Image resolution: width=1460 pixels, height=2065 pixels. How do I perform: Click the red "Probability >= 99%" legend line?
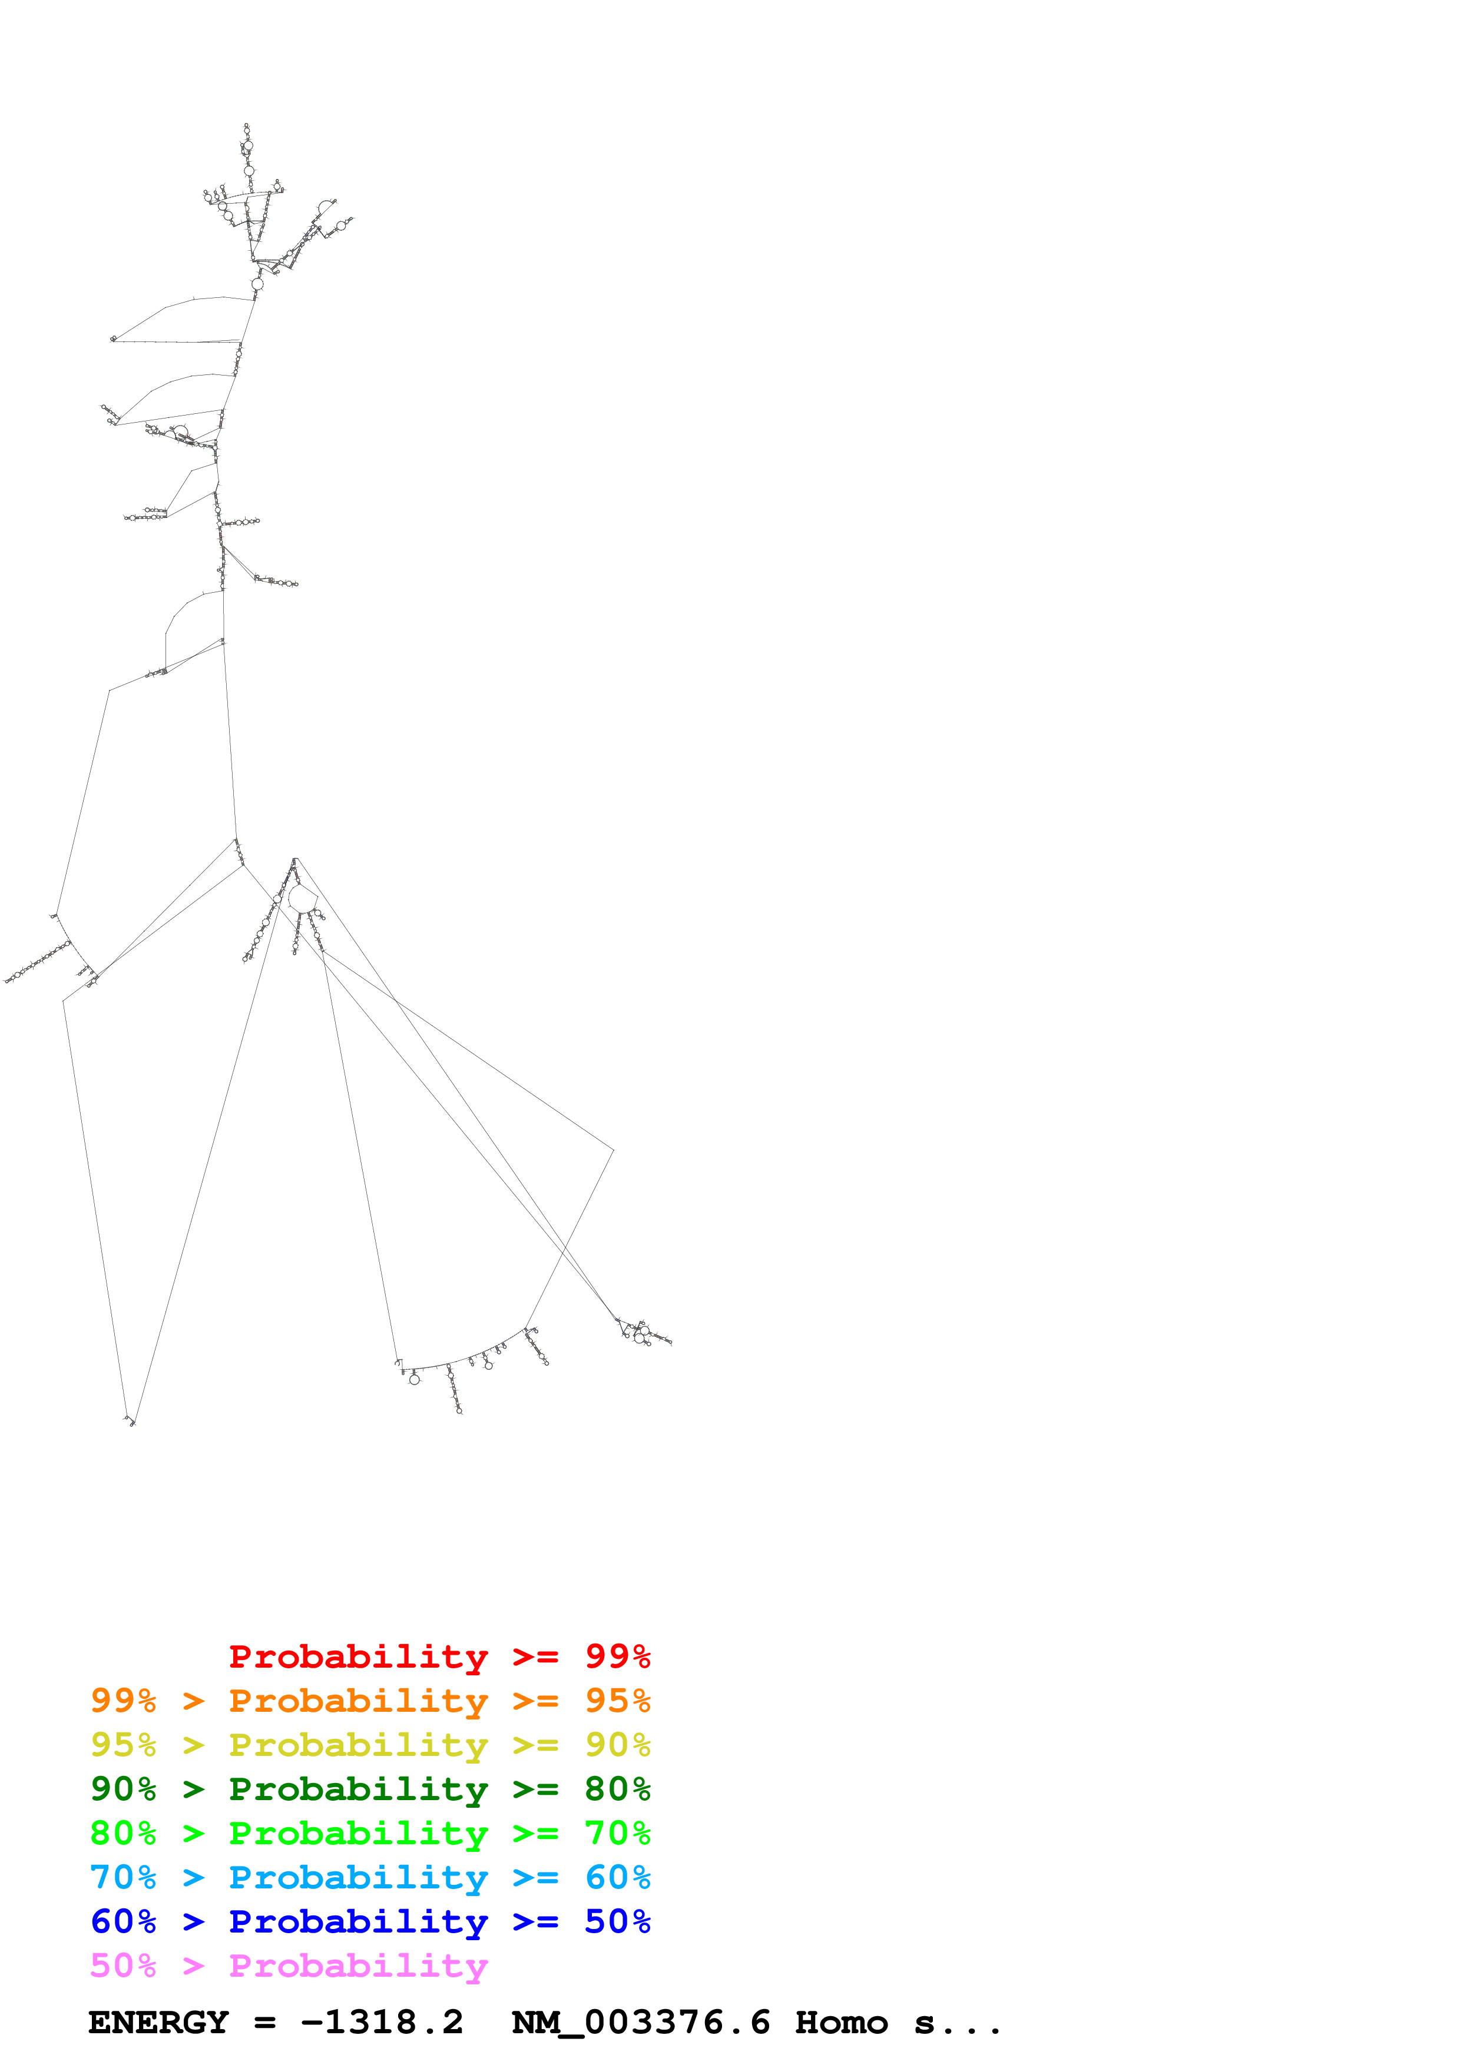[x=439, y=1656]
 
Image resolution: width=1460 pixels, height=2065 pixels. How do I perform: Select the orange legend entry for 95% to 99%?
[x=370, y=1701]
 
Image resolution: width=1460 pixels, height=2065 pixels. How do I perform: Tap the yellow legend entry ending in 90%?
[x=370, y=1745]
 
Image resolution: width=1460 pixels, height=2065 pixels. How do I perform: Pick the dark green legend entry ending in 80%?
[x=370, y=1789]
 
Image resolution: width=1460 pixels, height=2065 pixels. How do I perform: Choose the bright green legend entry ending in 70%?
[x=370, y=1833]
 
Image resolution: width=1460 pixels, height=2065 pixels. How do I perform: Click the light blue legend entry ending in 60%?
[x=370, y=1877]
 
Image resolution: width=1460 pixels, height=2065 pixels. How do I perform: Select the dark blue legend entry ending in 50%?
[x=370, y=1921]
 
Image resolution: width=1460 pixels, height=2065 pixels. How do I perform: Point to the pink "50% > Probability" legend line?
[x=288, y=1965]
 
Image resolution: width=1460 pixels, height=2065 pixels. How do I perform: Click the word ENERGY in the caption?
[x=158, y=2023]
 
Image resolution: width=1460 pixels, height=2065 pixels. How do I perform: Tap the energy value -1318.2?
[x=382, y=2023]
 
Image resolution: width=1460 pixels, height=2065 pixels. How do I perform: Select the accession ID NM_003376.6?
[x=641, y=2023]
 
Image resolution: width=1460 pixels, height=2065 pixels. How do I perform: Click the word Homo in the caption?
[x=841, y=2023]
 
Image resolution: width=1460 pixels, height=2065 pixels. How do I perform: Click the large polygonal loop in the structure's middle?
[x=302, y=898]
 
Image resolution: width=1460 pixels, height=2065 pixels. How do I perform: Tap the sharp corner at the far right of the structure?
[x=613, y=1150]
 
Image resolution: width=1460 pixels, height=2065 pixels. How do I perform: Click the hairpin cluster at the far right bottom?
[x=643, y=1333]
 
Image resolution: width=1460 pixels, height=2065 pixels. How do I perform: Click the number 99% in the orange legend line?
[x=123, y=1701]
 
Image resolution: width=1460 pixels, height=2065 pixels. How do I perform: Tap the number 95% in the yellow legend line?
[x=123, y=1745]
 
